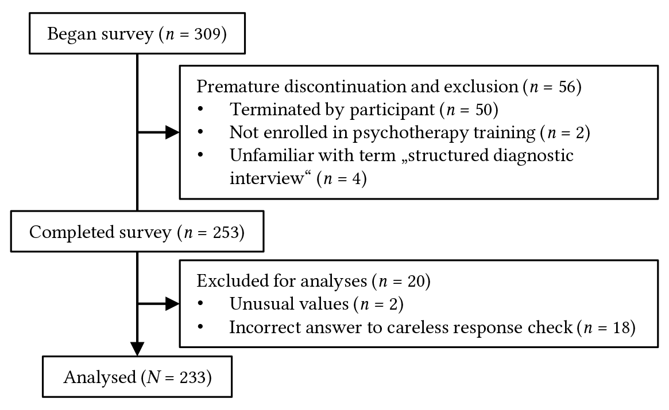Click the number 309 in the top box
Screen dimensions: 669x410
[207, 34]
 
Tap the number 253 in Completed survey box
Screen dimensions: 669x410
[225, 232]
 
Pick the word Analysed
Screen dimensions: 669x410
[100, 378]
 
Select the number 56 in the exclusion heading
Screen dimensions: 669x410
[567, 87]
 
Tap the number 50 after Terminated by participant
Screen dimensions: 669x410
[484, 110]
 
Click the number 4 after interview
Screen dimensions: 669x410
[357, 178]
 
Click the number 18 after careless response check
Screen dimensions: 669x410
[621, 328]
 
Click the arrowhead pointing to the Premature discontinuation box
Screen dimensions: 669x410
[172, 132]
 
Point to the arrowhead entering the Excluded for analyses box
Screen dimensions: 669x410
[172, 304]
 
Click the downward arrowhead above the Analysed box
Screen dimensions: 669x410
[137, 349]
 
